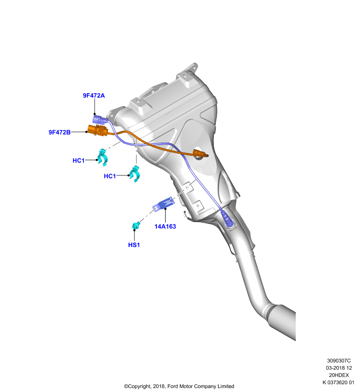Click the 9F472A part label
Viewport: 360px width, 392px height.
[x=94, y=96]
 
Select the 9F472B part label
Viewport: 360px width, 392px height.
[x=59, y=132]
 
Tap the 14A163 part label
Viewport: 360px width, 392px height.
[x=165, y=226]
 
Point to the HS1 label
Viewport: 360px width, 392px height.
[x=134, y=245]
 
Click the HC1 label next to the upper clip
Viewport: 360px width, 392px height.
[x=78, y=161]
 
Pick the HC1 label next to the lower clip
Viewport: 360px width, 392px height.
[x=110, y=176]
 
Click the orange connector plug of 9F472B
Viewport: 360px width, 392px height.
[x=97, y=130]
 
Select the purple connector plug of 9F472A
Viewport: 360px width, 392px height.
[x=100, y=119]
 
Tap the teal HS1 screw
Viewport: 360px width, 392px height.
[x=136, y=225]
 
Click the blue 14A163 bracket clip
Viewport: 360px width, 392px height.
[x=163, y=204]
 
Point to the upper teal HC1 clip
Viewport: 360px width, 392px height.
[x=103, y=157]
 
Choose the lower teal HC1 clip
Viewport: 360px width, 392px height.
[x=135, y=174]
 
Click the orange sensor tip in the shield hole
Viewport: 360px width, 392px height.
[x=200, y=153]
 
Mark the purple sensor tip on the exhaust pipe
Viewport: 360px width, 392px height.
[x=227, y=219]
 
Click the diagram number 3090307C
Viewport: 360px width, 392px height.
[x=339, y=361]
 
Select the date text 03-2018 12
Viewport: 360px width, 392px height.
[x=339, y=368]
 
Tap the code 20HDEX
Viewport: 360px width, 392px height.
[x=339, y=375]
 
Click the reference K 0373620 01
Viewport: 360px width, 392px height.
[x=338, y=383]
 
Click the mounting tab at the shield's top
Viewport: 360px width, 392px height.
[x=191, y=68]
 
